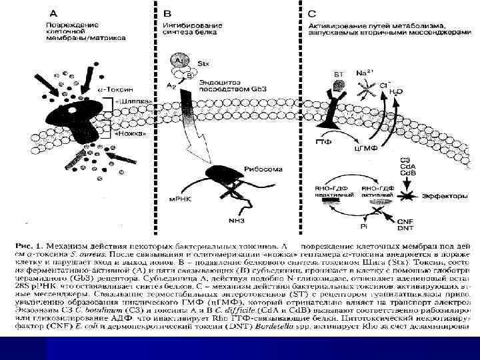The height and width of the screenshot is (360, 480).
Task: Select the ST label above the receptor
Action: coord(338,73)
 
